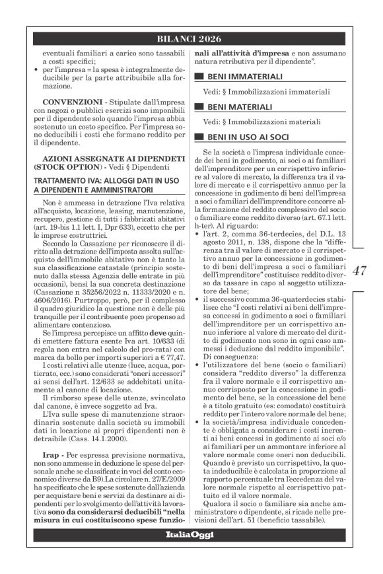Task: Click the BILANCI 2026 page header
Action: (x=191, y=38)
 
